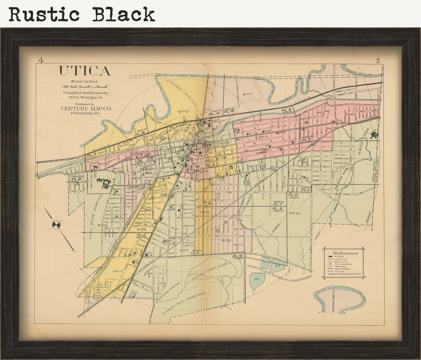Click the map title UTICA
point(84,71)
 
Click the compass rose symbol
point(56,225)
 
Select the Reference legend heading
point(345,253)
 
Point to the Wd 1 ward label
point(247,94)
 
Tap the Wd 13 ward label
point(294,213)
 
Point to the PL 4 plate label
point(287,110)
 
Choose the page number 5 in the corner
point(378,60)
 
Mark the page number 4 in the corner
point(41,60)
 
